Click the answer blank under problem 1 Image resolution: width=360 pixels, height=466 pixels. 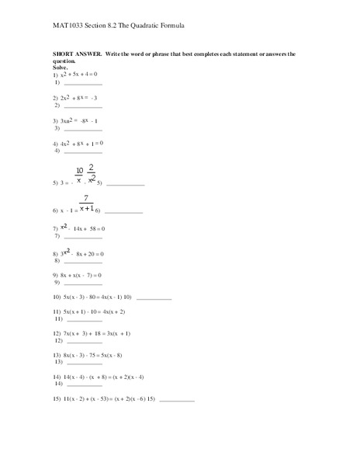point(84,84)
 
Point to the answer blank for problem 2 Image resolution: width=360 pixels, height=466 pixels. point(84,106)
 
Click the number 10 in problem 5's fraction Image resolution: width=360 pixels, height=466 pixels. point(79,171)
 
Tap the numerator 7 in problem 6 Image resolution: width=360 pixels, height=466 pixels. point(87,198)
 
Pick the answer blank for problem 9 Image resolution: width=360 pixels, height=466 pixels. point(84,283)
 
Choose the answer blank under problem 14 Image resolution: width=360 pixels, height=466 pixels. point(84,384)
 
